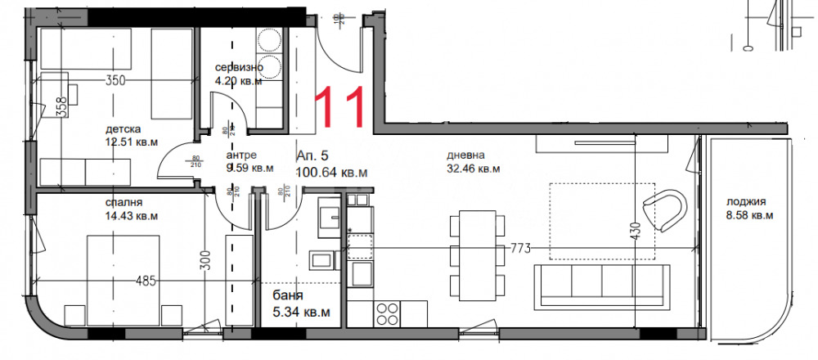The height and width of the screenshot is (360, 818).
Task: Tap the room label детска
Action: coord(124,129)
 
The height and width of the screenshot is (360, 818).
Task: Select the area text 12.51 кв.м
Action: coord(132,142)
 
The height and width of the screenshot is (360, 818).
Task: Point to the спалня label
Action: coord(124,202)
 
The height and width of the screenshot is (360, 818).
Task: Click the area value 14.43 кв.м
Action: coord(132,216)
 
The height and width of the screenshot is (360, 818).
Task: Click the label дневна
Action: coord(466,155)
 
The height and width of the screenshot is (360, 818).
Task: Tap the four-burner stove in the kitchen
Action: coord(388,313)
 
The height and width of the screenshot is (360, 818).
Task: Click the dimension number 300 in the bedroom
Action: coord(206,260)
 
